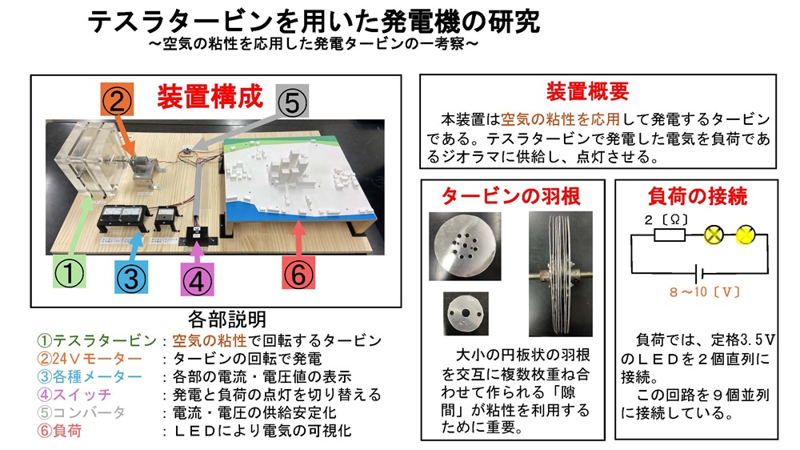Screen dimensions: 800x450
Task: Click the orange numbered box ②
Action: [x=117, y=99]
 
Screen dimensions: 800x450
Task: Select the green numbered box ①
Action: [x=70, y=271]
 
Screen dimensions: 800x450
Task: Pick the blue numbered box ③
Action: [x=132, y=277]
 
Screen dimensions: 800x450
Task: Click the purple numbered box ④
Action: [x=198, y=279]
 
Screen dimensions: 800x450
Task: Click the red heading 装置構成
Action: [x=210, y=97]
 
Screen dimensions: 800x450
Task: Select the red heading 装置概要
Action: [x=588, y=91]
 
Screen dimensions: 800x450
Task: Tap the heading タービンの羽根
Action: [x=510, y=196]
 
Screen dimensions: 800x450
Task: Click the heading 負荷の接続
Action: [x=698, y=196]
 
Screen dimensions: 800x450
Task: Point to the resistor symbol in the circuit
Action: [x=670, y=235]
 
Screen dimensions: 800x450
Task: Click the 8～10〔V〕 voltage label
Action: [x=705, y=292]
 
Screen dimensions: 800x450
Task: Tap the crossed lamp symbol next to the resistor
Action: [x=714, y=235]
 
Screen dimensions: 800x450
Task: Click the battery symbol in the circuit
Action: [x=700, y=273]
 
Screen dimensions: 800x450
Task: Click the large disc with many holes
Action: [x=465, y=247]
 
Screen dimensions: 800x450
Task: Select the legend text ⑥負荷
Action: [x=60, y=431]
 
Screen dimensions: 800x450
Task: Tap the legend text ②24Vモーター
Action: [x=90, y=359]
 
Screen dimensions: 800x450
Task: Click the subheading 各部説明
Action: [x=227, y=319]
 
